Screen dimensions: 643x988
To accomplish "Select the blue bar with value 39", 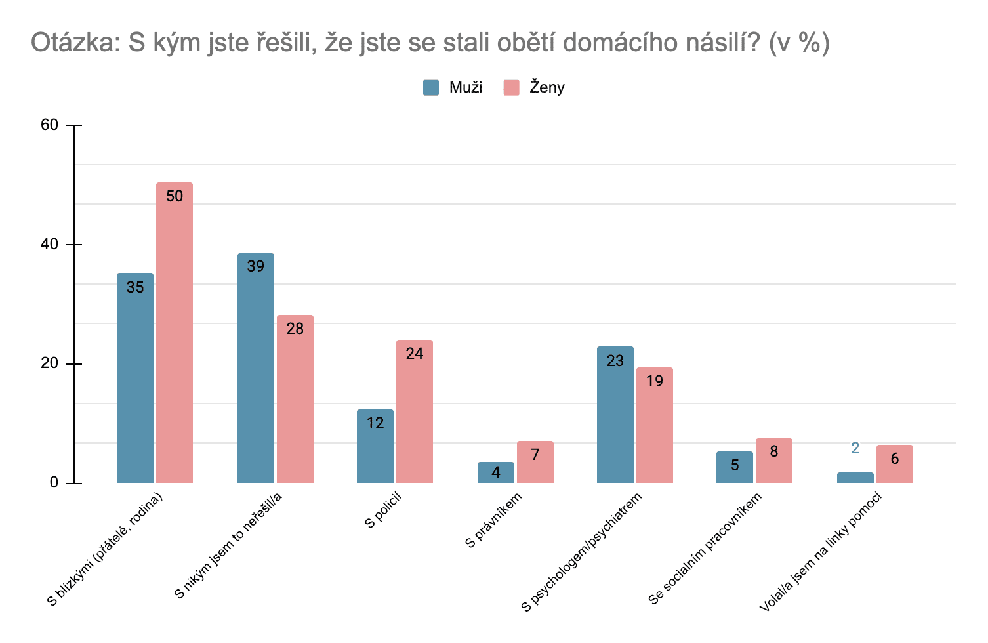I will pos(256,368).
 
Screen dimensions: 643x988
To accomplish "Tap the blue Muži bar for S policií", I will pos(375,446).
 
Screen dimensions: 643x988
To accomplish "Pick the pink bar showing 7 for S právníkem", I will pos(535,462).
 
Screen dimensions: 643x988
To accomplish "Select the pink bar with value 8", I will pos(774,461).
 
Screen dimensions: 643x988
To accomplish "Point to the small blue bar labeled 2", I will pos(855,478).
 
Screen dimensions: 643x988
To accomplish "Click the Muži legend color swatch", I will pos(431,87).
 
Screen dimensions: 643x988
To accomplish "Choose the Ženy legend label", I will pos(547,87).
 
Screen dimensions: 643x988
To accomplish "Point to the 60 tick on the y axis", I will pos(50,125).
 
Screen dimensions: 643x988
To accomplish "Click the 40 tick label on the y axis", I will pos(50,244).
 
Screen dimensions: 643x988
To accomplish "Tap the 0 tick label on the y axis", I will pos(54,483).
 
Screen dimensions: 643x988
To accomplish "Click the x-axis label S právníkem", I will pos(493,520).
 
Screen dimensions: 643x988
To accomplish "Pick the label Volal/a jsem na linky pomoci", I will pos(821,552).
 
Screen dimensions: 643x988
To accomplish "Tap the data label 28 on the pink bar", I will pos(295,329).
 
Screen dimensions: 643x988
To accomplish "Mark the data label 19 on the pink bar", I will pos(655,381).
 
